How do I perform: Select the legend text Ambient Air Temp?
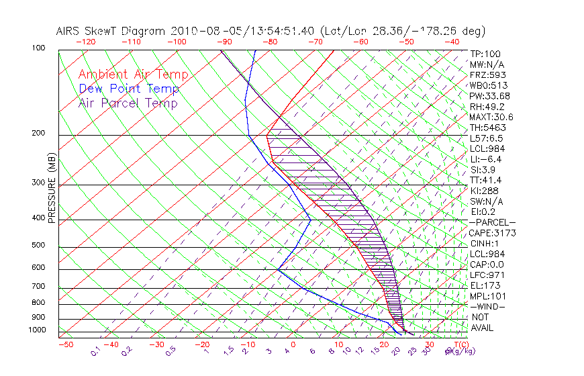click(x=133, y=75)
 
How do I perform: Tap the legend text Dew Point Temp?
click(x=129, y=89)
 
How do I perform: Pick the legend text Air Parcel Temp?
click(x=128, y=103)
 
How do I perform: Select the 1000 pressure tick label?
click(x=38, y=330)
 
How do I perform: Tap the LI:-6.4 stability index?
click(x=485, y=159)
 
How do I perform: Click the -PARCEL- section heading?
click(x=492, y=222)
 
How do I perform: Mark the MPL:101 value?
click(x=487, y=296)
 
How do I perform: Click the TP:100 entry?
click(x=485, y=54)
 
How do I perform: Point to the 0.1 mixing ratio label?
click(x=95, y=351)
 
